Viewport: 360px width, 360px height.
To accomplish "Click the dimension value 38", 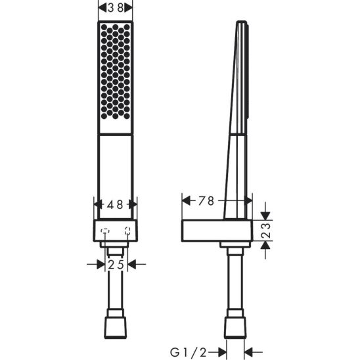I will (115, 8).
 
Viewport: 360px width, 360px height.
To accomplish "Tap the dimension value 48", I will (116, 205).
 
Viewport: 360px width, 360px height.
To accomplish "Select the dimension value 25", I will (116, 264).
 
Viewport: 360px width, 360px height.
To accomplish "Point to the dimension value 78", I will (205, 202).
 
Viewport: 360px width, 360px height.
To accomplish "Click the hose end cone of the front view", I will (116, 326).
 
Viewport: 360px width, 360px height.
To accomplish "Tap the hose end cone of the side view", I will (235, 326).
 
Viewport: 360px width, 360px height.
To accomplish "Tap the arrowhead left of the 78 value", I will (185, 202).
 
